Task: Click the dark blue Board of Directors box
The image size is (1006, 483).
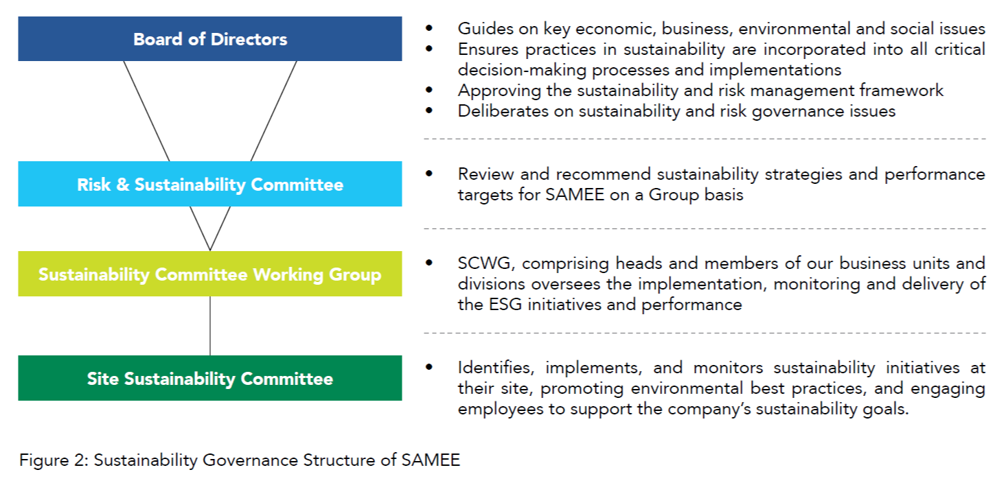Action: (x=209, y=39)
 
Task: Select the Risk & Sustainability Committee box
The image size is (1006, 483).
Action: (x=209, y=184)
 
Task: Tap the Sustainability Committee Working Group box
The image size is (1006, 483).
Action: (x=209, y=274)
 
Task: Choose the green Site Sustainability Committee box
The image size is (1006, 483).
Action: (x=209, y=378)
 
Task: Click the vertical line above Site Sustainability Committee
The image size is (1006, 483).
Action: (x=209, y=326)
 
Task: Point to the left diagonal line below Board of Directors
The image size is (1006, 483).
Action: (x=146, y=111)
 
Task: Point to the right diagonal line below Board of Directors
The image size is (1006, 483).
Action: (x=273, y=111)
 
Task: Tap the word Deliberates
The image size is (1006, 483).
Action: (x=503, y=111)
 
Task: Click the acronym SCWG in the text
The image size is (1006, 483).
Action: (x=483, y=263)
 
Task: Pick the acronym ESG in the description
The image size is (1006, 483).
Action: (x=505, y=305)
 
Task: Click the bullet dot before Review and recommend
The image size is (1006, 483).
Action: (x=429, y=174)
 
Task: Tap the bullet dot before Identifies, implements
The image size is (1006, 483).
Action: (x=429, y=367)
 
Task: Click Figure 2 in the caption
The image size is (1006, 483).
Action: (x=53, y=460)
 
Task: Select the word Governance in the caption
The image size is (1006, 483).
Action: (x=250, y=460)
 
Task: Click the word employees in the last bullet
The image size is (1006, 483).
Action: (x=501, y=410)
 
